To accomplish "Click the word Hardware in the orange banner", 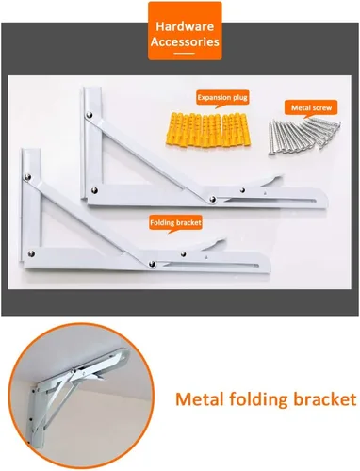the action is pos(185,26).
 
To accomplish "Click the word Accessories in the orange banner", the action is pos(185,41).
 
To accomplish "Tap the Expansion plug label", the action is pos(222,98).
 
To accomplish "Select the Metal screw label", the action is pos(311,107).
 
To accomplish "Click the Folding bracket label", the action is pos(175,223).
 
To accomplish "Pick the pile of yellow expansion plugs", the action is pos(208,130).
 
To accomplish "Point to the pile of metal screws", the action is pos(303,137).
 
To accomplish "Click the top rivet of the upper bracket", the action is pos(90,115).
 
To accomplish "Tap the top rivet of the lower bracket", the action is pos(27,178).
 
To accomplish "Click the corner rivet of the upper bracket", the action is pos(94,190).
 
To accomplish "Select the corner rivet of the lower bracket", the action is pos(31,253).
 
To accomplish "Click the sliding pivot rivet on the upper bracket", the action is pos(213,199).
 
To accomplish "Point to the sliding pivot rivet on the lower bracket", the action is pos(152,264).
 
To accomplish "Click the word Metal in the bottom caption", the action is pos(200,399).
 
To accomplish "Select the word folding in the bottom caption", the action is pos(258,400).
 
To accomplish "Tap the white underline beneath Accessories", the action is pos(185,54).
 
